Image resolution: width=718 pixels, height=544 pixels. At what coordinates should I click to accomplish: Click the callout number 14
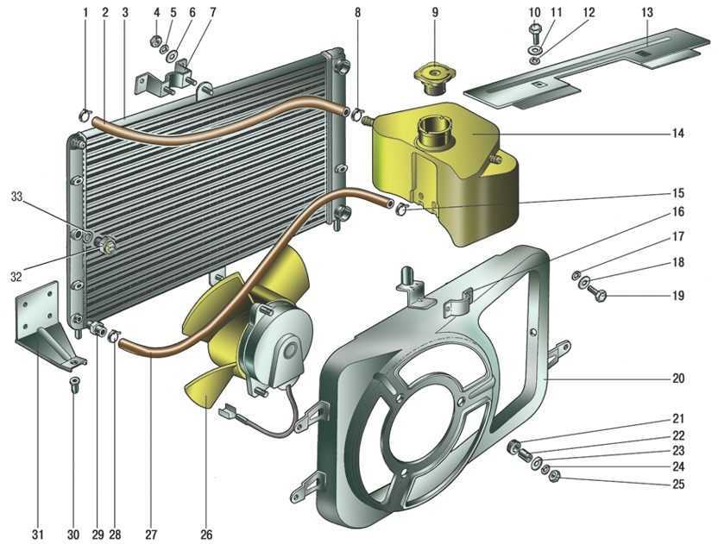coord(677,133)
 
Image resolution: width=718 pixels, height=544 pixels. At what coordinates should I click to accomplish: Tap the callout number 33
coord(16,197)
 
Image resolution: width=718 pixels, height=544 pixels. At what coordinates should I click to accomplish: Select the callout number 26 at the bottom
coord(206,534)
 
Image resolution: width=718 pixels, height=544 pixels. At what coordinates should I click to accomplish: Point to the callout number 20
coord(677,378)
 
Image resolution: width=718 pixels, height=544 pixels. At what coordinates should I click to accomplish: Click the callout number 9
coord(435,12)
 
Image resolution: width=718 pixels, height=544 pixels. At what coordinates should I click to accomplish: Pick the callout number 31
coord(38,534)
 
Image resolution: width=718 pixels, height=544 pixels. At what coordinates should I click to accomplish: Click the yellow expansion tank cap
coord(431,78)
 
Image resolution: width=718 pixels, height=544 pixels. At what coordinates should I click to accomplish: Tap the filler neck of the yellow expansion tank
coord(432,131)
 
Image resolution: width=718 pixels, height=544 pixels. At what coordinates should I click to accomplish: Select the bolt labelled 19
coord(596,292)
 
